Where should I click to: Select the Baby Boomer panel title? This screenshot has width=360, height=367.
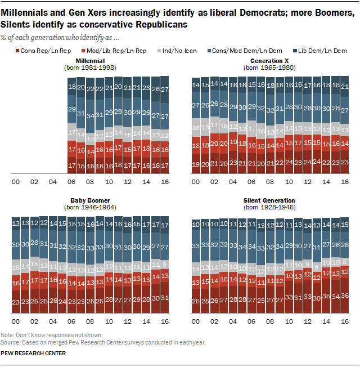89,200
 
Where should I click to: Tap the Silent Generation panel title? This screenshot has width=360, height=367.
264,200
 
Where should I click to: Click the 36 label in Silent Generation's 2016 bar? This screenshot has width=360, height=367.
346,296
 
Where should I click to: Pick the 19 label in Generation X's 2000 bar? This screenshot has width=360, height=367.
196,164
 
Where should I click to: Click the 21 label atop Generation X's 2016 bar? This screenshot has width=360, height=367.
346,86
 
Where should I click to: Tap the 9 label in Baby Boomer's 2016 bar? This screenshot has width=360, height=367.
165,264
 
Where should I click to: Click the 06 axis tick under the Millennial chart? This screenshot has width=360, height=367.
71,182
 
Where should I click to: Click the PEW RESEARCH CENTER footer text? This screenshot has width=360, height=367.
34,353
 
